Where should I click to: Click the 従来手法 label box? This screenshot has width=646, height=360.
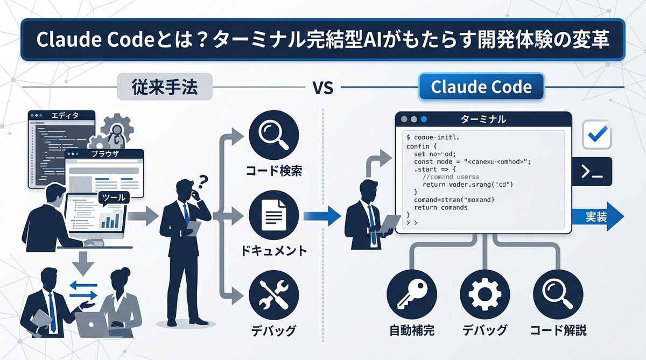click(x=165, y=87)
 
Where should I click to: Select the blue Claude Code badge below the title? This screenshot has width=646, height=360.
click(x=481, y=87)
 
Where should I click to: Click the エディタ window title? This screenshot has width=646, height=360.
click(x=64, y=116)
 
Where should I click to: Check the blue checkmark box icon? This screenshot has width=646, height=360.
click(x=596, y=135)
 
